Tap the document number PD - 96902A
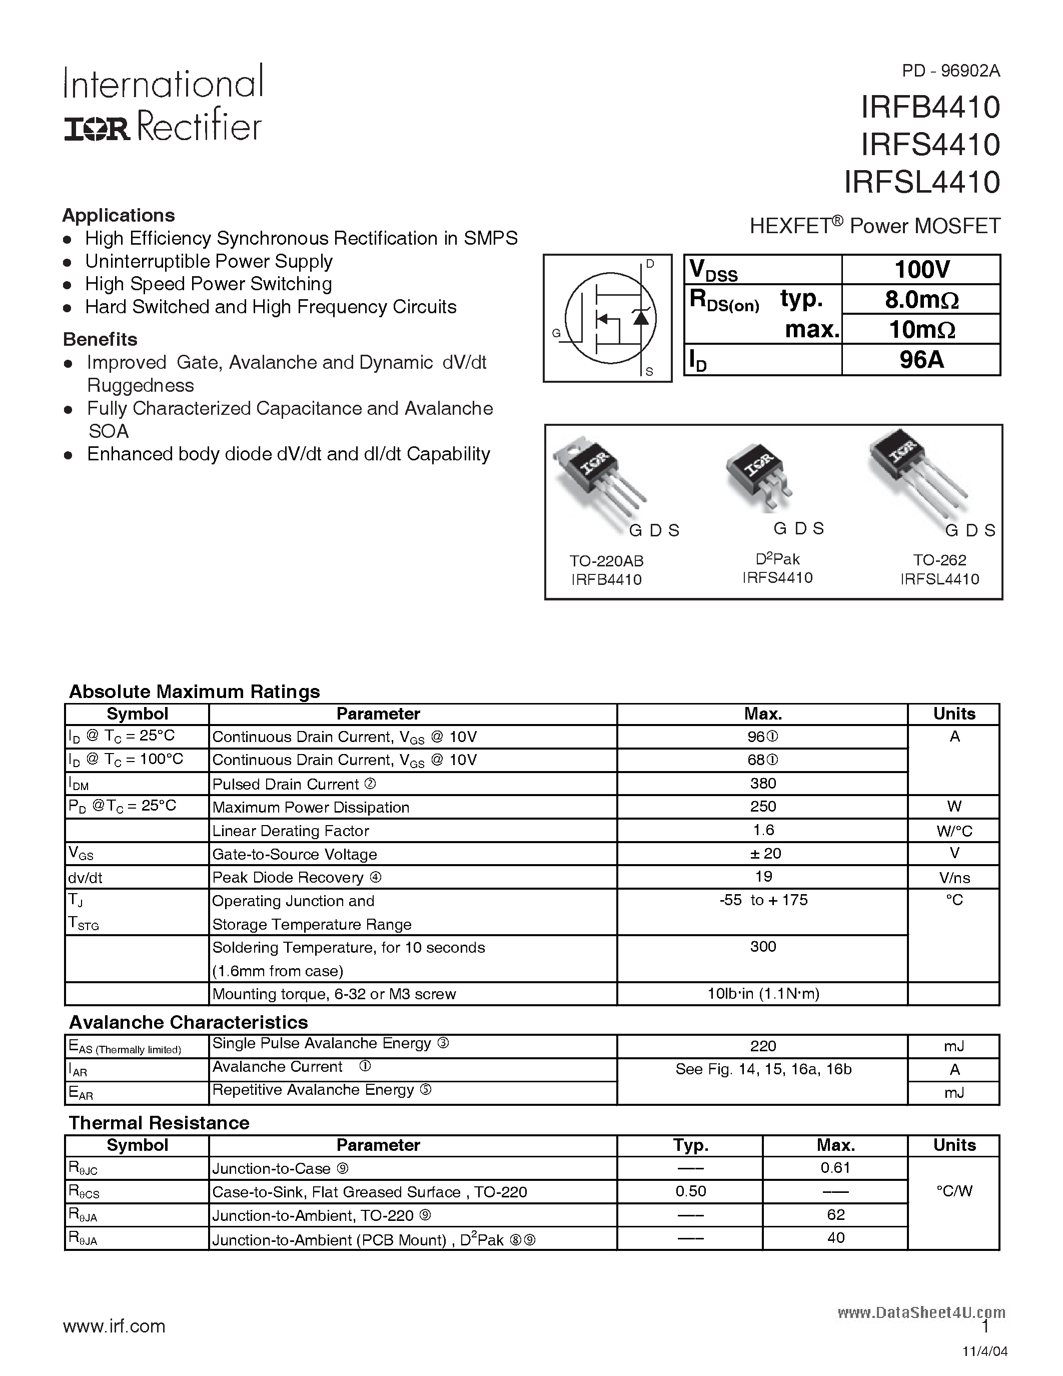(950, 71)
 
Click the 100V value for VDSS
(921, 270)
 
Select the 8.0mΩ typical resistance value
(921, 300)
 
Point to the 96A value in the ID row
(921, 360)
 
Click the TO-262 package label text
(939, 559)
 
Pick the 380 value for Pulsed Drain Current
(763, 783)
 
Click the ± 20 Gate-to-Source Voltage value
(763, 853)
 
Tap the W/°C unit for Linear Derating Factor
(954, 831)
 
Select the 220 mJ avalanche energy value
(763, 1046)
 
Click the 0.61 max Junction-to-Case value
(835, 1167)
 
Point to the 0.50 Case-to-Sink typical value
(691, 1191)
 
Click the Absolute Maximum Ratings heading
(194, 692)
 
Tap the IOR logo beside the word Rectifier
(97, 129)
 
